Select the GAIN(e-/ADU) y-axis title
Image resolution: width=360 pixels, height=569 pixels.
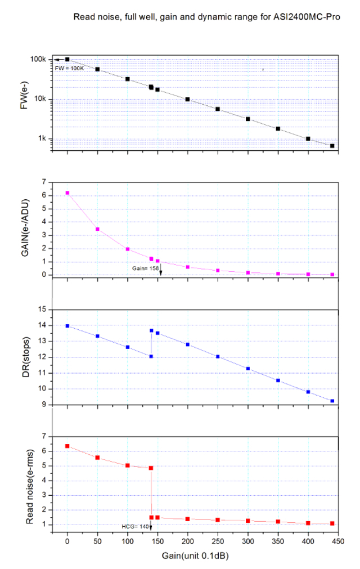point(25,229)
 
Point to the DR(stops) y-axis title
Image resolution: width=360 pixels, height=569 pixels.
point(25,356)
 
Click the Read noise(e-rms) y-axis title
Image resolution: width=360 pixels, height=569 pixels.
point(25,483)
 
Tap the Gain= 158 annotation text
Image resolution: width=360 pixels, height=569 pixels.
point(145,269)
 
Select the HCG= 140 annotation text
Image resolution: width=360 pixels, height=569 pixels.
point(135,526)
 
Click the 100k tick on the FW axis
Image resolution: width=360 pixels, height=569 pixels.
point(38,59)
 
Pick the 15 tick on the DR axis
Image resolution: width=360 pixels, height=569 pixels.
point(41,310)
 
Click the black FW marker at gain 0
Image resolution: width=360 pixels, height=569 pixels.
point(67,59)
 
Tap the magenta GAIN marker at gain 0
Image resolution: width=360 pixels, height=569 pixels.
point(67,193)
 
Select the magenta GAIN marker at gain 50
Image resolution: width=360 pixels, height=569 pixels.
point(97,229)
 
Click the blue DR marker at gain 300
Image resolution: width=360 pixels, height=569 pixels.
point(247,369)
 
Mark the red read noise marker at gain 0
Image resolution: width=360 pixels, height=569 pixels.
point(67,446)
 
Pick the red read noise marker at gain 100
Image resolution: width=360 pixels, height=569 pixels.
point(128,465)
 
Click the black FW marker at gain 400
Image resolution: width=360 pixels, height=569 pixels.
point(308,138)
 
